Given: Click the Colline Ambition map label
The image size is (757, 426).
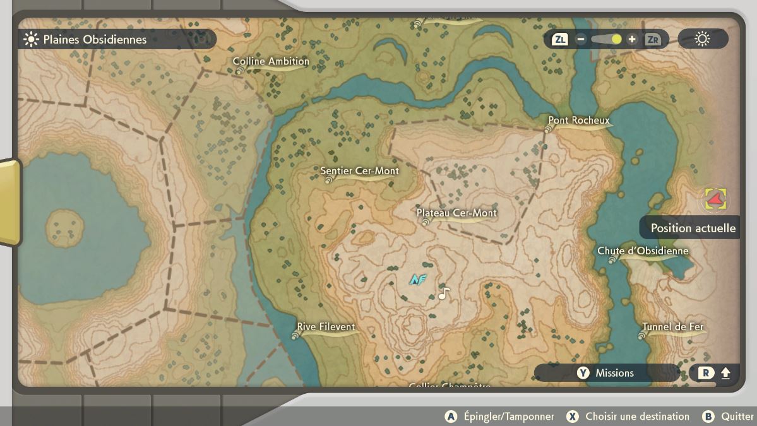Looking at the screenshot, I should point(271,62).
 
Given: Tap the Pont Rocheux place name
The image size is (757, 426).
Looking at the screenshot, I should point(578,121).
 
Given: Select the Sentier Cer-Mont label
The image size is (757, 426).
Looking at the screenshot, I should point(359,171).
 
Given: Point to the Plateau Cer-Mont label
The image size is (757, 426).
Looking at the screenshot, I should point(456,213).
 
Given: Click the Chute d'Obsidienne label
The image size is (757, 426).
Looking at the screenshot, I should point(643,251).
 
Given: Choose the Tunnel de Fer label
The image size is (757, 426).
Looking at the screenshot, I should point(672,327).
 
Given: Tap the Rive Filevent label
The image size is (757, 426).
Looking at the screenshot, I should point(326,327).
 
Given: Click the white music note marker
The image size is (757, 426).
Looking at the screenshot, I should point(444,293).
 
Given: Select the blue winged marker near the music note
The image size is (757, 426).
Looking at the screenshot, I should point(417,279).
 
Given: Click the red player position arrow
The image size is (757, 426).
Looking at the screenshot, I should point(715,199).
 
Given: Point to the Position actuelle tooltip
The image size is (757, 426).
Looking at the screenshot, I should point(693,228).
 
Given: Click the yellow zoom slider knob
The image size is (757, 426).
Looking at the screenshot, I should point(616,39).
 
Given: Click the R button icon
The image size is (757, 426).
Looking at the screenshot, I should point(705,373).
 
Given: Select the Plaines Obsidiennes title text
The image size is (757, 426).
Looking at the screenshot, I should point(95,39).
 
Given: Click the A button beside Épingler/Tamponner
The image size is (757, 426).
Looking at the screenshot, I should point(451,417).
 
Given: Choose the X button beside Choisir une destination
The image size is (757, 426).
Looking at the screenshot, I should point(572,417).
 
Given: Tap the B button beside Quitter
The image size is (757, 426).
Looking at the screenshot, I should point(708,417).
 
